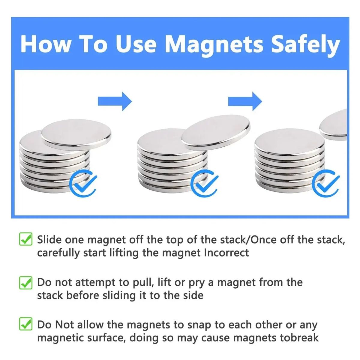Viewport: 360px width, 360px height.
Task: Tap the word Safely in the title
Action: pyautogui.click(x=305, y=45)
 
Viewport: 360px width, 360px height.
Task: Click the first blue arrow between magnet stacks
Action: pyautogui.click(x=115, y=101)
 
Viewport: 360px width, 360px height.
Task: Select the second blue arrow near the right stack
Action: pyautogui.click(x=245, y=101)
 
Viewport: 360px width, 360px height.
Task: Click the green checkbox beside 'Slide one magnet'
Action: pyautogui.click(x=26, y=239)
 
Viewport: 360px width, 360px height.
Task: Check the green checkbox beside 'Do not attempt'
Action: pyautogui.click(x=26, y=283)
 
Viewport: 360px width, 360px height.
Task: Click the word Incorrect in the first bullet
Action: pyautogui.click(x=226, y=253)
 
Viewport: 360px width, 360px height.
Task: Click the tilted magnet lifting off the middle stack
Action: pyautogui.click(x=216, y=134)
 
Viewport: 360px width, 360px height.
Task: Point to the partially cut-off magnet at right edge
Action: pyautogui.click(x=333, y=124)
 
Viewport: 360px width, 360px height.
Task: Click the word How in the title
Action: pyautogui.click(x=46, y=45)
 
